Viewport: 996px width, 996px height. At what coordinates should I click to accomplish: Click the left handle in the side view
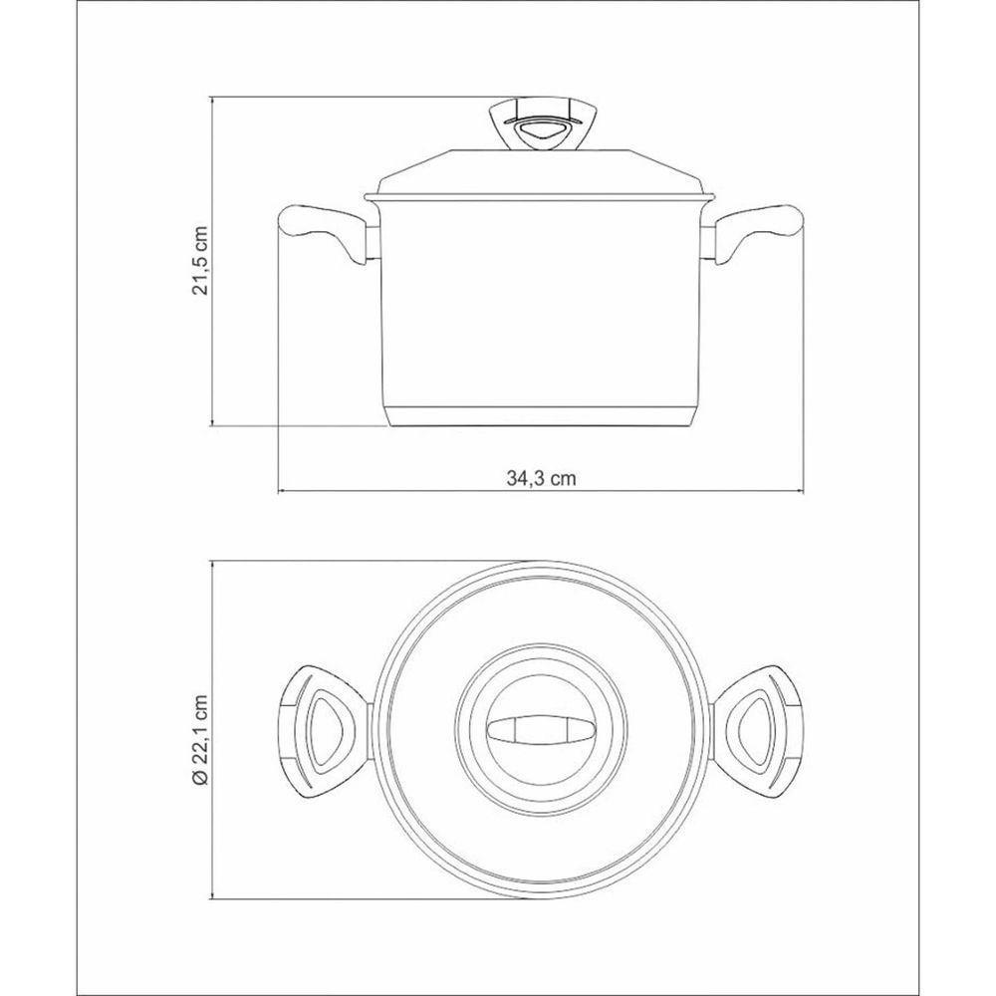pos(319,229)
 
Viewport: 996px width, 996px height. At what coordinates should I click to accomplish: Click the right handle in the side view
pos(762,229)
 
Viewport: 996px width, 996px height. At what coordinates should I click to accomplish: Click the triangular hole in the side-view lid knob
pos(540,130)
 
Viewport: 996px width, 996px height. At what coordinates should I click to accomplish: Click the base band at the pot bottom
pos(540,418)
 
